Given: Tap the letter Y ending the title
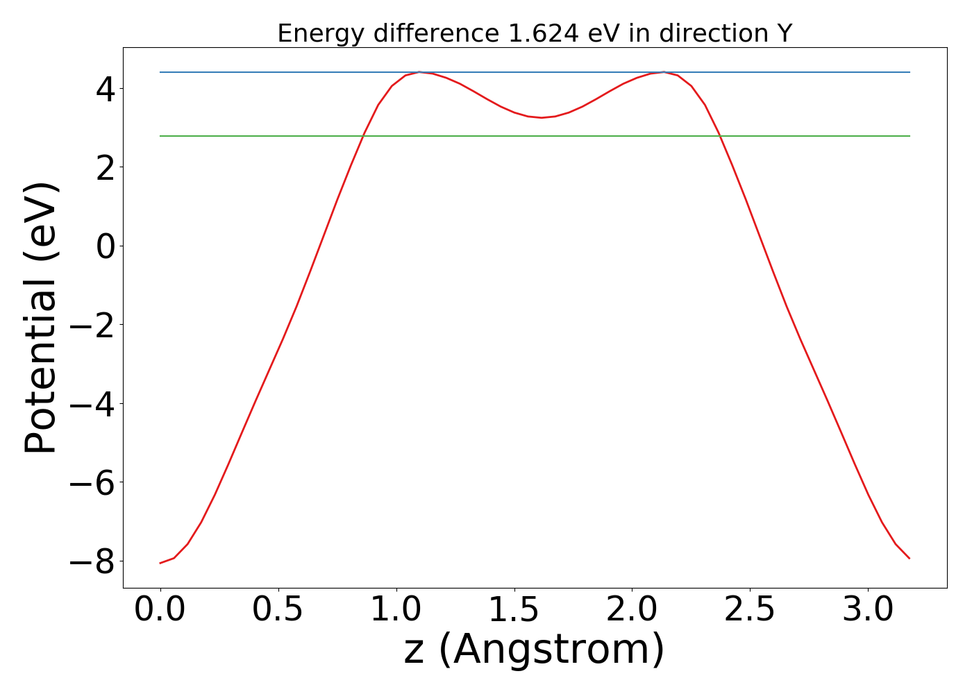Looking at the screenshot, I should click(785, 33).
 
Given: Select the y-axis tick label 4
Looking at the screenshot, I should click(105, 89).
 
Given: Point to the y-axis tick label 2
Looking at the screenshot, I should click(105, 167).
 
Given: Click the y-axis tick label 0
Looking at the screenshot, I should click(105, 246).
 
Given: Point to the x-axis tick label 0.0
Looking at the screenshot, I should click(160, 610).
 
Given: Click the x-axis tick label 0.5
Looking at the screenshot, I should click(278, 610).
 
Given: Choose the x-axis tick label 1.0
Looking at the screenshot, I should click(396, 610).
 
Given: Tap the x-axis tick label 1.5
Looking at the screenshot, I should click(514, 610).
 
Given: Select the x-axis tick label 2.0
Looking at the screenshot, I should click(632, 610).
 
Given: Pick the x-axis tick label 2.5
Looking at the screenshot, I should click(750, 610).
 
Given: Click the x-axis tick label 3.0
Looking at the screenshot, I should click(868, 610).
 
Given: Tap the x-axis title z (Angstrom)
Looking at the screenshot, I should click(535, 650).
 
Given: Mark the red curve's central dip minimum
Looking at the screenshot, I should click(542, 118).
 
